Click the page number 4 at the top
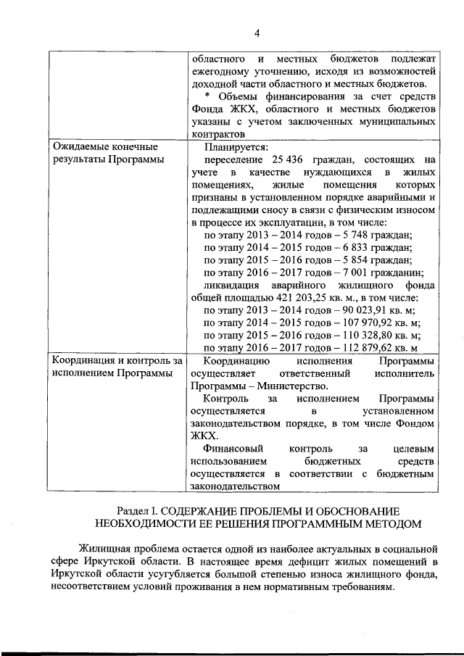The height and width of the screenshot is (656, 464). pyautogui.click(x=256, y=31)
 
